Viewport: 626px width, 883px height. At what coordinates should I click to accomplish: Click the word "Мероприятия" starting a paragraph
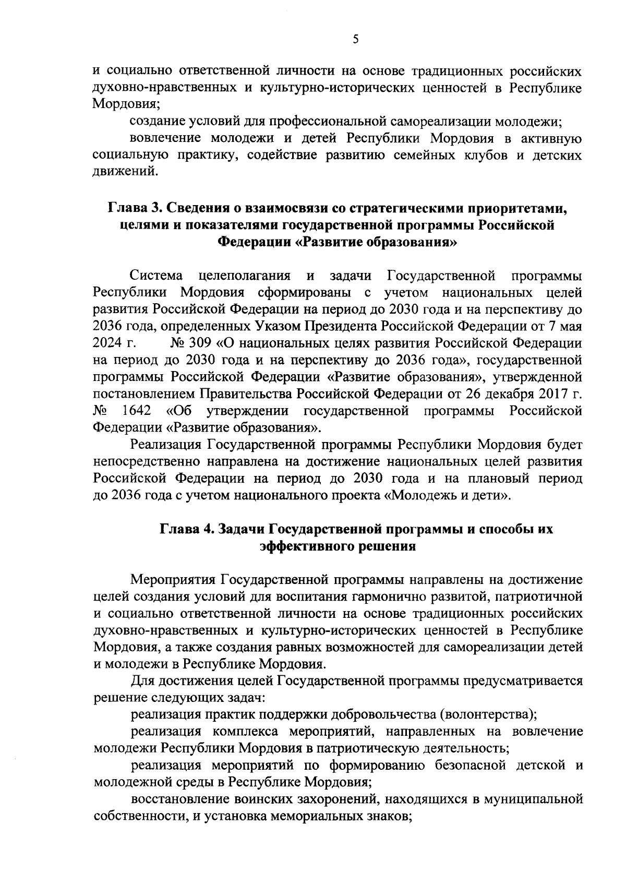(173, 579)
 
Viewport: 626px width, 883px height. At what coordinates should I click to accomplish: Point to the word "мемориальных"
(321, 816)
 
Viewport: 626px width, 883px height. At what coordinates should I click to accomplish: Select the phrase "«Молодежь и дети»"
(447, 495)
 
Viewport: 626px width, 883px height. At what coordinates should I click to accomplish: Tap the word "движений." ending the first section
(125, 171)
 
